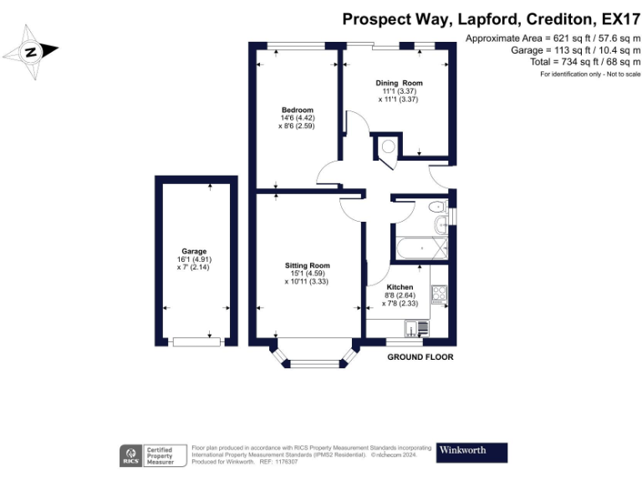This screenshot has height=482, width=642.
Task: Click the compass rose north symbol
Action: tap(31, 52)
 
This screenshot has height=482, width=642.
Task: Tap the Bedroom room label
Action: tap(297, 110)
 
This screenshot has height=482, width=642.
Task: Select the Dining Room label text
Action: tap(398, 83)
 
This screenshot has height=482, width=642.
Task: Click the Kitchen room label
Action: tap(399, 287)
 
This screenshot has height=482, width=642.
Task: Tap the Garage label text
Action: tap(194, 251)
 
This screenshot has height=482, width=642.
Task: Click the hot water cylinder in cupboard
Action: tap(388, 147)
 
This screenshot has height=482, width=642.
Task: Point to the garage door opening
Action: tap(196, 341)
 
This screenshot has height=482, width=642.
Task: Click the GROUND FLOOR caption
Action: tap(420, 357)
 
